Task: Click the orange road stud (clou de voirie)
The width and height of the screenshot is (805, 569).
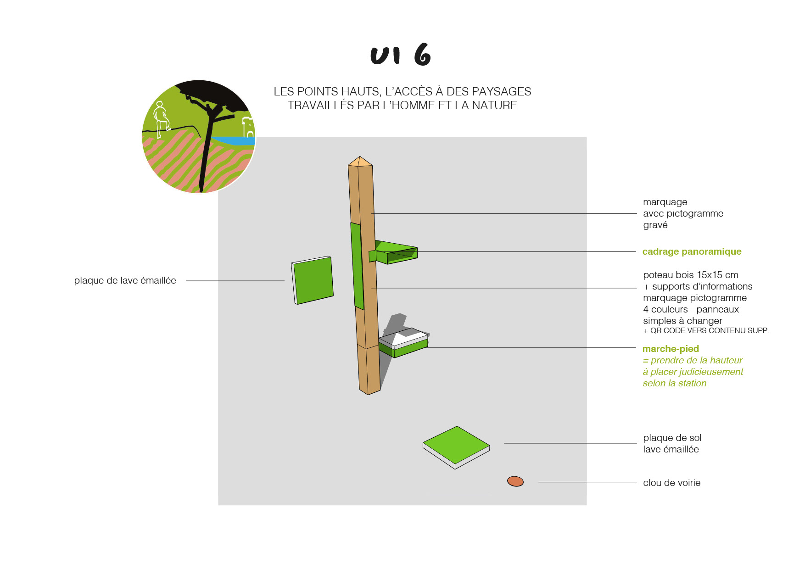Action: pyautogui.click(x=515, y=481)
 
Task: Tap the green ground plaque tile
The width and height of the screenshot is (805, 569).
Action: pyautogui.click(x=456, y=445)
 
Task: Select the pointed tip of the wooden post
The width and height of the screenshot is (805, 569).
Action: pyautogui.click(x=360, y=162)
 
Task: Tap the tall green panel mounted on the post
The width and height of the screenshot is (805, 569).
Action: pyautogui.click(x=357, y=266)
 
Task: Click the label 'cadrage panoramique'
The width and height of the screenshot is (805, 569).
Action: pyautogui.click(x=692, y=251)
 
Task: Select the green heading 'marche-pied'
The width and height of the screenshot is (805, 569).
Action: pyautogui.click(x=671, y=349)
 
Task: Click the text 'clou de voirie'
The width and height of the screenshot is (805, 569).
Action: pyautogui.click(x=671, y=483)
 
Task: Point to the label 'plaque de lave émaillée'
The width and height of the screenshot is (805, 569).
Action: pyautogui.click(x=125, y=280)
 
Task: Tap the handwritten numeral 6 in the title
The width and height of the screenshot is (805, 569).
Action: pyautogui.click(x=422, y=55)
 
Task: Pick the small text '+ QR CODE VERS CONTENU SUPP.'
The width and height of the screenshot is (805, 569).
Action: pyautogui.click(x=706, y=331)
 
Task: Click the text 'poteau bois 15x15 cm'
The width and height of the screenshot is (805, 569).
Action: pyautogui.click(x=690, y=275)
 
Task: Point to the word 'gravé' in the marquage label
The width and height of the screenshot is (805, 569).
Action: pyautogui.click(x=655, y=225)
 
